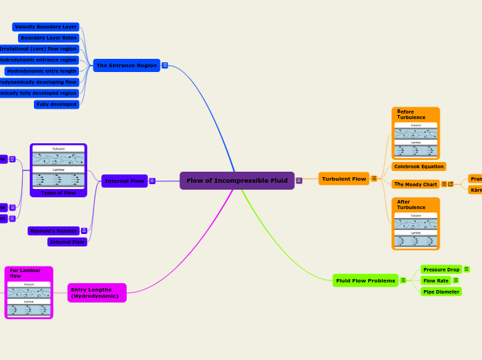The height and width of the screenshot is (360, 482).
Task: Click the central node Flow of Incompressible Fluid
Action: pos(237,181)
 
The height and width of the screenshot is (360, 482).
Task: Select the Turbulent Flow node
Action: pos(343,179)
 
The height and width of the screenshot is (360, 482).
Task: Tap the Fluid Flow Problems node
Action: pos(365,280)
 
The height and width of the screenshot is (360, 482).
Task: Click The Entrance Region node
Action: pos(126,65)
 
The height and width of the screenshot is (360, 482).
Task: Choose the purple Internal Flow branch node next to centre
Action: pos(125,181)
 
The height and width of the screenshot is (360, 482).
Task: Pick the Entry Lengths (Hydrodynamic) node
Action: pos(97,293)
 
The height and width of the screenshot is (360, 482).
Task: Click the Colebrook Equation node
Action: pos(418,166)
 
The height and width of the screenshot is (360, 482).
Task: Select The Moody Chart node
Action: pos(416,184)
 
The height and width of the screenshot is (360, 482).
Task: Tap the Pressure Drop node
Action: pos(441,269)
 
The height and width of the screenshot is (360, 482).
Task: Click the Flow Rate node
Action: pos(436,280)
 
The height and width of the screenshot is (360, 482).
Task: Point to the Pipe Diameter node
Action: pos(441,291)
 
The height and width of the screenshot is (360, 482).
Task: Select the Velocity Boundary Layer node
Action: pos(46,26)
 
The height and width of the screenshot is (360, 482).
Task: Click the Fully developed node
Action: pos(57,104)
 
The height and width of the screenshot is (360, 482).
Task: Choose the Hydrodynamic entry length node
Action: pos(42,71)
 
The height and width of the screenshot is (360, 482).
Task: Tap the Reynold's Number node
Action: pos(53,231)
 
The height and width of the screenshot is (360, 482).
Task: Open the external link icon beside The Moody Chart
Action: pos(451,184)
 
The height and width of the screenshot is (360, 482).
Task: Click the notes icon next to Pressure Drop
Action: pos(466,269)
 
